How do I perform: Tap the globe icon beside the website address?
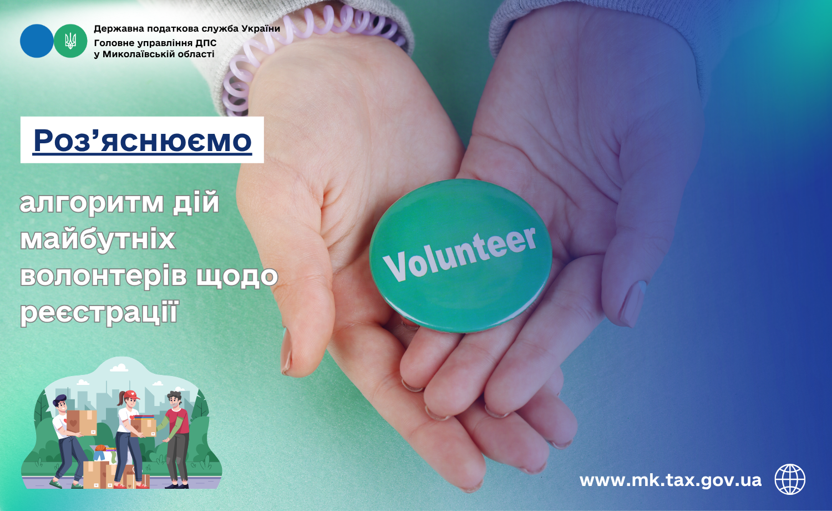pos(790,479)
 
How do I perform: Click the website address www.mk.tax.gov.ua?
pos(671,480)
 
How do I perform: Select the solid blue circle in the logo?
pos(37,41)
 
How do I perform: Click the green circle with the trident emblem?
pos(70,41)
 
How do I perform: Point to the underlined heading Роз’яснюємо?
pos(142,141)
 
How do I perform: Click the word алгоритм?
pos(92,203)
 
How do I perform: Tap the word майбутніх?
pos(97,239)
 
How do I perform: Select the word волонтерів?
pos(103,275)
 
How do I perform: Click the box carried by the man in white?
pos(82,423)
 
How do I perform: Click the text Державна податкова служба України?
pos(187,29)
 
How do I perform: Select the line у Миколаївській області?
pos(154,54)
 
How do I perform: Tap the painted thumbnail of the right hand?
pos(635,303)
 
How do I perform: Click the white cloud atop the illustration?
pos(119,368)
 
